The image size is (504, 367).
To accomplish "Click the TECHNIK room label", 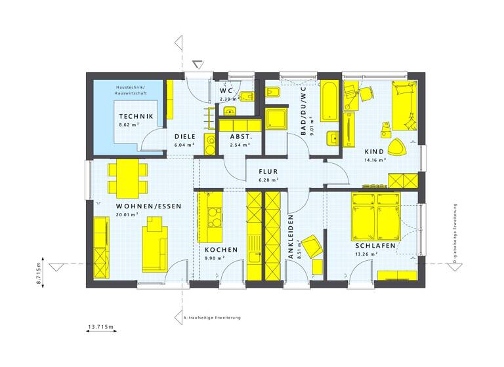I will click(136, 116).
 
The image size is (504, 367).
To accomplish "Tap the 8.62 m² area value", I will click(129, 124).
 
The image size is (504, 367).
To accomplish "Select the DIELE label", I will click(184, 137).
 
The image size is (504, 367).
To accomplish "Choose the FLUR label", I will click(268, 171).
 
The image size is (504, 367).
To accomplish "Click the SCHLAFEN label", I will click(376, 246).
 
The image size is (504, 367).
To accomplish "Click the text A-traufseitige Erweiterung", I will click(213, 318).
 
